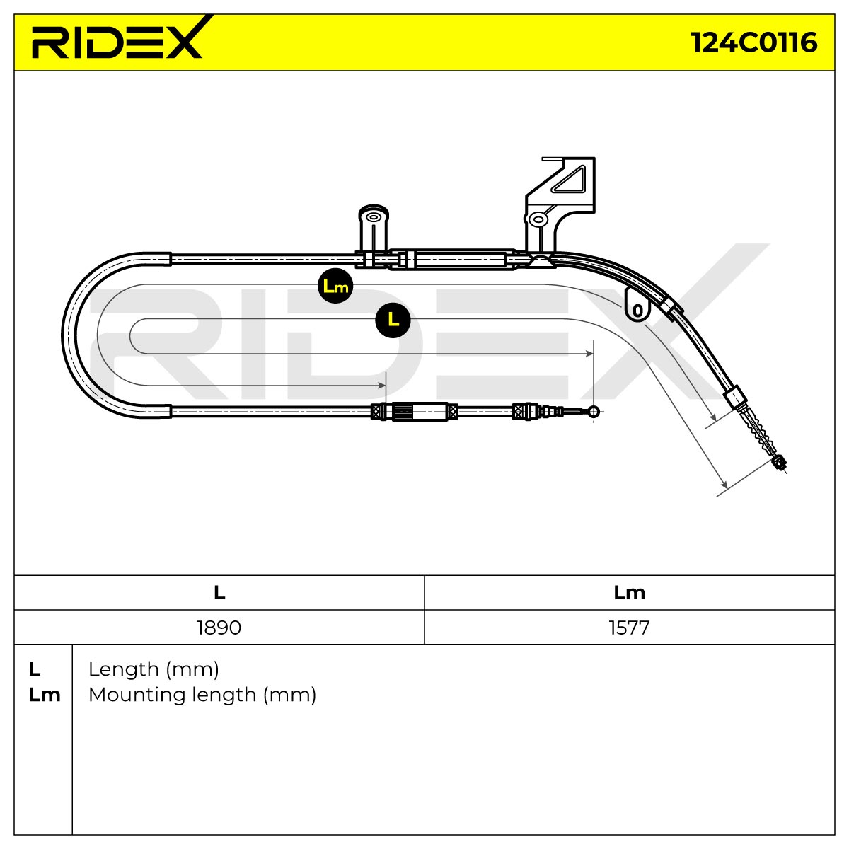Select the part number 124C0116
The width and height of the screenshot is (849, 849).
(x=754, y=42)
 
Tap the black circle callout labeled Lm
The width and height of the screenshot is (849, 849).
(x=336, y=286)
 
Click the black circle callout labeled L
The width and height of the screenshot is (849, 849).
(x=393, y=320)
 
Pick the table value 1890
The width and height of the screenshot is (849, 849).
(x=219, y=628)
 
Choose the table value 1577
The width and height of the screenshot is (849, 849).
(x=629, y=628)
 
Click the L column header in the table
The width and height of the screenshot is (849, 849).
(x=219, y=593)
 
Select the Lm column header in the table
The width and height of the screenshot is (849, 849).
(x=629, y=593)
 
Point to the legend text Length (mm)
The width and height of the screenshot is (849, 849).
(x=154, y=669)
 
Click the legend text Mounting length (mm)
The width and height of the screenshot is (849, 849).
(x=202, y=695)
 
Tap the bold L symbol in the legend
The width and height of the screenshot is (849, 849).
(x=35, y=670)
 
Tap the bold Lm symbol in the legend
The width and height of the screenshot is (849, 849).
(x=44, y=695)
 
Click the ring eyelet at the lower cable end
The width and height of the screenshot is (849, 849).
(x=594, y=412)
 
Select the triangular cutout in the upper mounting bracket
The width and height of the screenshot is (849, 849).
(x=570, y=180)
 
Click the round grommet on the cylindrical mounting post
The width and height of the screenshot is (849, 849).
(x=374, y=216)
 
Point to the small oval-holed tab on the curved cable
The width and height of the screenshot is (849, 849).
(x=637, y=305)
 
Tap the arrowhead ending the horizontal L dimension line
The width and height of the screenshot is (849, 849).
(x=589, y=353)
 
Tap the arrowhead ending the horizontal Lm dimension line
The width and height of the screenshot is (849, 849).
(x=381, y=386)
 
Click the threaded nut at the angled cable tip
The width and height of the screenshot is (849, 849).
(x=780, y=463)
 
